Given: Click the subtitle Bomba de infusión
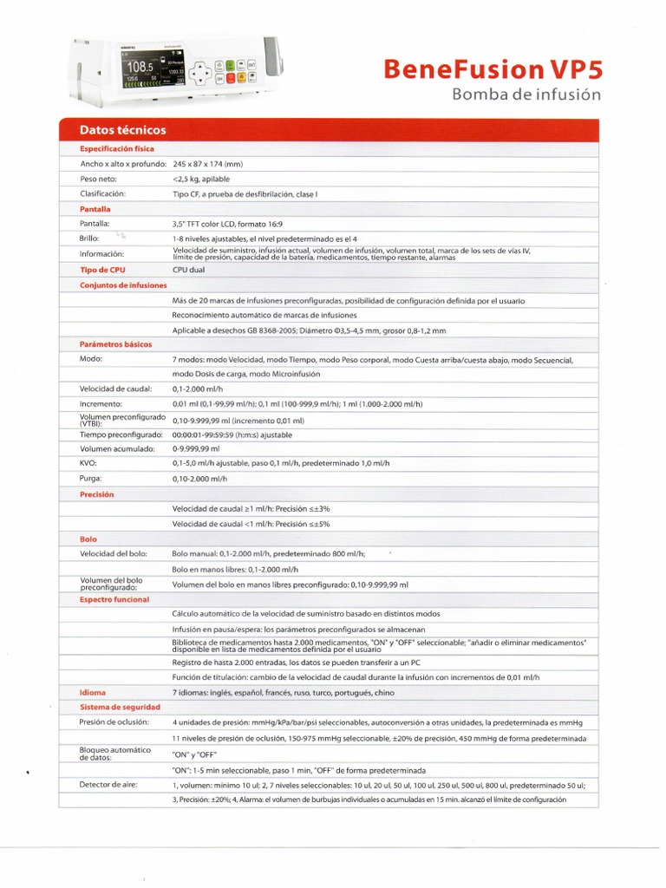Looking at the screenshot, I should tap(526, 95).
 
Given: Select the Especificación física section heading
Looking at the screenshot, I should tap(117, 148).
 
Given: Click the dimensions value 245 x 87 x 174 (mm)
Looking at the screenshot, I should tap(219, 164).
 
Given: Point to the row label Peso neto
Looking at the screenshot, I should tap(99, 179).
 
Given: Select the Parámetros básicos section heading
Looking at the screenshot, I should tap(115, 344).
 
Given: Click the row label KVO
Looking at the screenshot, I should tap(88, 463).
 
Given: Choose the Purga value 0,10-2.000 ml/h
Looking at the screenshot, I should tap(200, 479).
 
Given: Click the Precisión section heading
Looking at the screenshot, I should tap(97, 494).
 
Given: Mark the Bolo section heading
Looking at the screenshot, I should tap(88, 539).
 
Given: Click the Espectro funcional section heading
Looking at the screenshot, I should tap(114, 599).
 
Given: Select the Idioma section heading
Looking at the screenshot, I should tap(93, 692).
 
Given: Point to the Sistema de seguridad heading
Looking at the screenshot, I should tap(120, 708).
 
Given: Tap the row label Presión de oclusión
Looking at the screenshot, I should tap(114, 722).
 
